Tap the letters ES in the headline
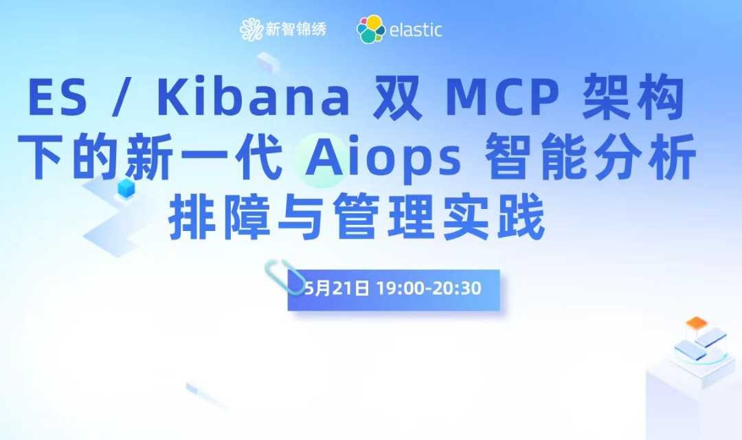click(58, 98)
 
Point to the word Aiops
click(383, 157)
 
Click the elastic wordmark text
click(416, 30)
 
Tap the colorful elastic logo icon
click(371, 29)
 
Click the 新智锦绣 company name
click(295, 30)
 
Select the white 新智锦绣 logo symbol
click(251, 30)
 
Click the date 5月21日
click(337, 288)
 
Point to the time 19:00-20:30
click(429, 288)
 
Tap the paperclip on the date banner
click(284, 276)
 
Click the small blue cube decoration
click(126, 188)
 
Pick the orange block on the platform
click(697, 324)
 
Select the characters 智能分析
click(591, 157)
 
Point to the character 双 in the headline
click(397, 98)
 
